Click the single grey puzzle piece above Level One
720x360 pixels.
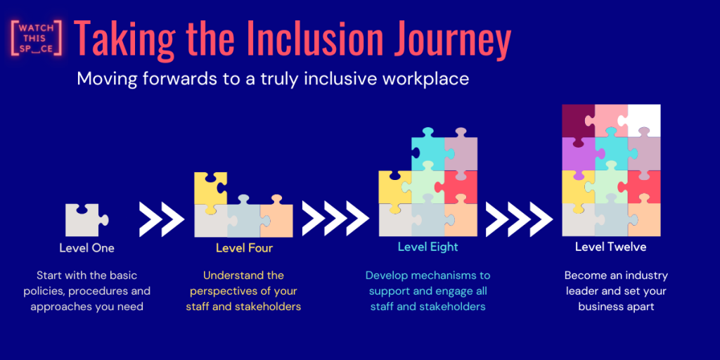[x=85, y=220]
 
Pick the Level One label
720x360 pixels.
[x=86, y=248]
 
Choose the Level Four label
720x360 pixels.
[x=244, y=248]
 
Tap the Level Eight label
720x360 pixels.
[x=428, y=247]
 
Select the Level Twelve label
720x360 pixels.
[x=611, y=247]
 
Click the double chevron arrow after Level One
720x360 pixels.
[x=162, y=219]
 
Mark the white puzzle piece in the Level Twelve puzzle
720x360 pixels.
[x=644, y=120]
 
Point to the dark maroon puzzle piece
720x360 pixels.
[x=579, y=120]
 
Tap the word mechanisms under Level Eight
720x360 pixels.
[x=441, y=276]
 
